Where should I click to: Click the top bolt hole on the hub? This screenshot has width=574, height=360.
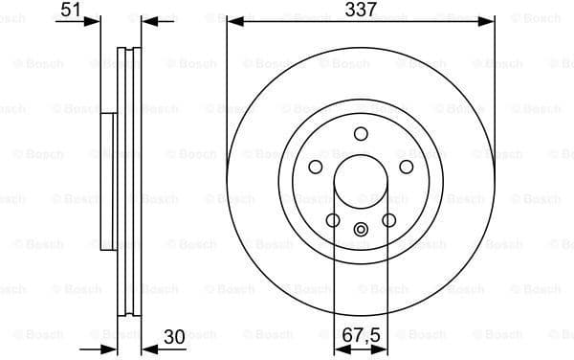point(361,134)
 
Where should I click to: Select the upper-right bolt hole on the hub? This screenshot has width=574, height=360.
point(407,167)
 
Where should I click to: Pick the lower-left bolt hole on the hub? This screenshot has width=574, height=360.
point(332,221)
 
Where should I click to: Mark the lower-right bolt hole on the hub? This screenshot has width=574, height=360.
point(388,221)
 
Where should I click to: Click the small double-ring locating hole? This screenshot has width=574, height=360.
point(361,229)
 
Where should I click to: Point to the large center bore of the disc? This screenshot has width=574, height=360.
point(361,182)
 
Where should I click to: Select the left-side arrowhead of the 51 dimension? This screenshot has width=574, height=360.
point(94,20)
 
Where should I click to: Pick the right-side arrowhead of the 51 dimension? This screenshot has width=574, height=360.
point(146,20)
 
